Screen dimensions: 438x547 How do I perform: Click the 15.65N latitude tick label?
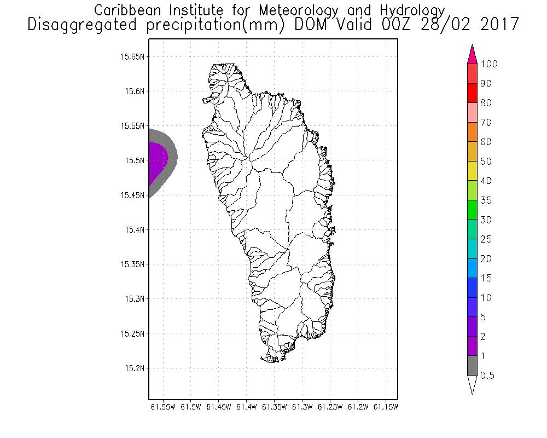point(133,56)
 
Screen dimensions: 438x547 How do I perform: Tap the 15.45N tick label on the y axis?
point(133,195)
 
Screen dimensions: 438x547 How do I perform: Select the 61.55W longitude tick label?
point(162,407)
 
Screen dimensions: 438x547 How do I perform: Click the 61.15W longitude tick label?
point(386,407)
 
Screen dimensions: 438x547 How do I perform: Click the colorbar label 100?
point(488,64)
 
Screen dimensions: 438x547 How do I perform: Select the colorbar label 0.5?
point(487,376)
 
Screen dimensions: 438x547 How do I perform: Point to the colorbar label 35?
point(486,200)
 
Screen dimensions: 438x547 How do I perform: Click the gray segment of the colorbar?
point(473,365)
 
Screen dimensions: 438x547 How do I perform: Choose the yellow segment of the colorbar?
point(473,171)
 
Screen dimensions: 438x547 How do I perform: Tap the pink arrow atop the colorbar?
point(473,55)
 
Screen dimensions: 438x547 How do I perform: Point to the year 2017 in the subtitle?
point(497,25)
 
